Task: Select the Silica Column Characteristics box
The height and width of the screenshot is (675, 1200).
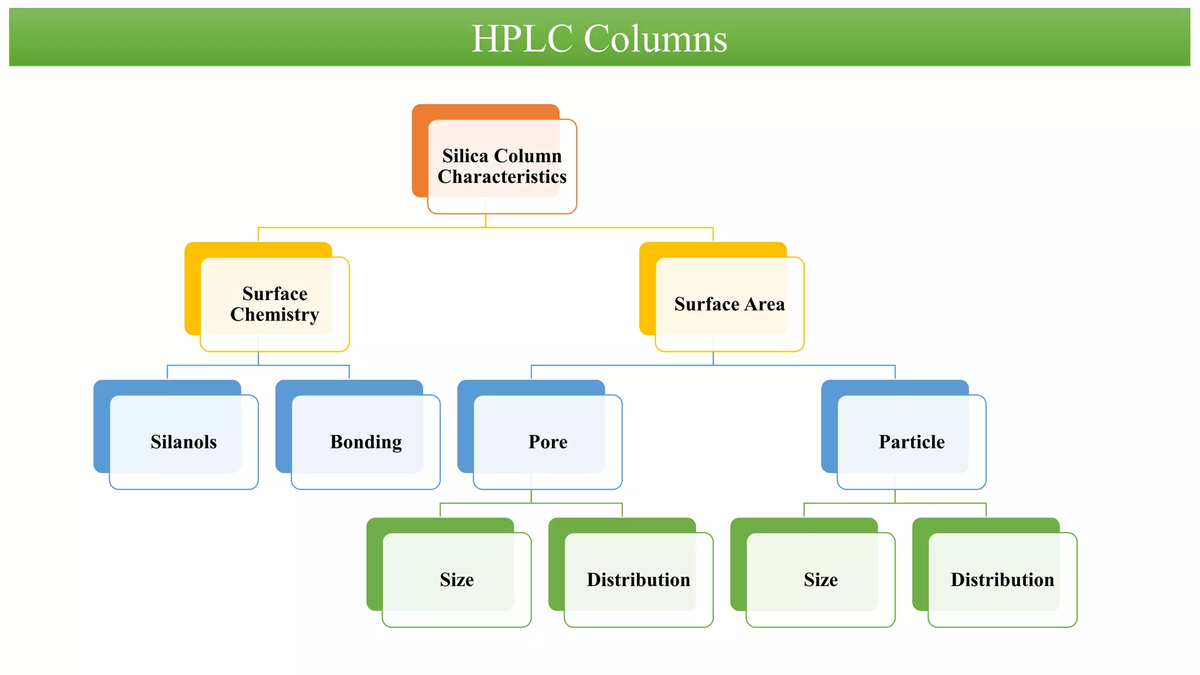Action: (x=502, y=166)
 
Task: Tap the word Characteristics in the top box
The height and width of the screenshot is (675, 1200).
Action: (x=502, y=177)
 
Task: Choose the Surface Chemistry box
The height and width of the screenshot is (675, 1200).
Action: (x=274, y=304)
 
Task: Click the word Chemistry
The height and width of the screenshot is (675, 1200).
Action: (x=274, y=315)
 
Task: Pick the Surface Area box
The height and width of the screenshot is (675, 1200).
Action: (x=729, y=304)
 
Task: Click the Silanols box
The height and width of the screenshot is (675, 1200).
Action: (x=183, y=442)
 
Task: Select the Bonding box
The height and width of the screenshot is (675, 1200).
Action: (x=366, y=442)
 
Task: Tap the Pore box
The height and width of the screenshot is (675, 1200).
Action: (x=547, y=442)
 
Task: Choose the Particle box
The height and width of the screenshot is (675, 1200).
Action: (x=911, y=442)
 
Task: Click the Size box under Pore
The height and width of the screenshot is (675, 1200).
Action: (x=456, y=579)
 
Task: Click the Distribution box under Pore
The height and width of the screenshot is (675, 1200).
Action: (x=638, y=579)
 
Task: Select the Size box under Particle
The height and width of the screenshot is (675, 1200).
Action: (x=820, y=579)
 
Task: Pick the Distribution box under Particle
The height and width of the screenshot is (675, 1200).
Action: (x=1002, y=579)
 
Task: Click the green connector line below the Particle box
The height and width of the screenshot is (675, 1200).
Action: (x=937, y=503)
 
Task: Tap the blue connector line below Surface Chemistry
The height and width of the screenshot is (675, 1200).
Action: (x=211, y=365)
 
